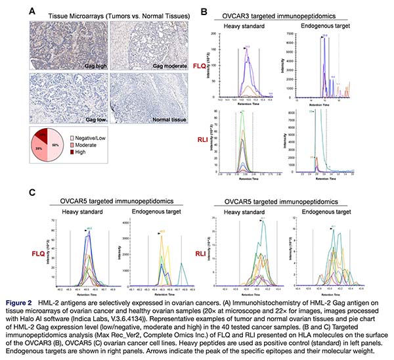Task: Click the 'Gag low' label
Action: pos(87,119)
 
